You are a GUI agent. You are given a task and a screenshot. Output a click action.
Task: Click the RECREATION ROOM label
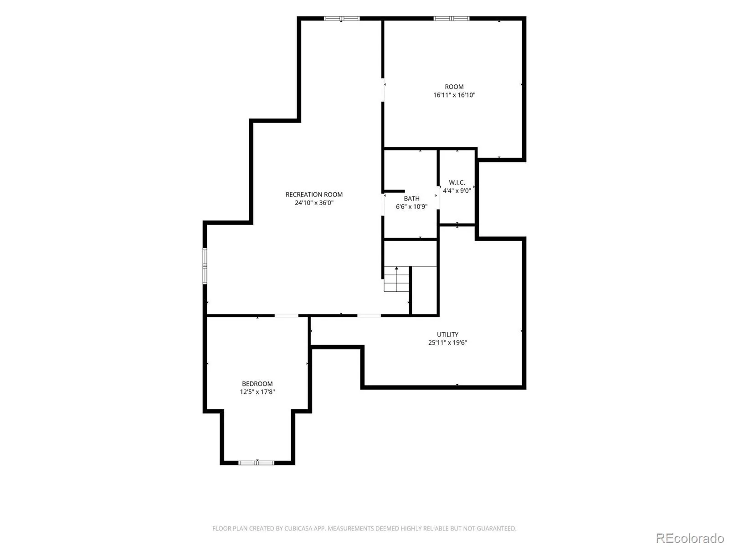(x=314, y=194)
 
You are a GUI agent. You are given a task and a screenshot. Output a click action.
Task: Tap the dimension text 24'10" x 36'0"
(x=314, y=202)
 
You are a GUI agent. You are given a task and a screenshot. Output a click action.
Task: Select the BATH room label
(x=411, y=198)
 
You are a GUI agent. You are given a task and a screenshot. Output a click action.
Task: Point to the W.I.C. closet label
(x=457, y=182)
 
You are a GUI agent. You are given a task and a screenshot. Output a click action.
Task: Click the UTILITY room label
(x=447, y=335)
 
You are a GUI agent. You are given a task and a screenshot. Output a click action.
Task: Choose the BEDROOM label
(x=257, y=384)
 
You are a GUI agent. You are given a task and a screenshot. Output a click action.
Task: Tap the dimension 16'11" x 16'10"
(x=454, y=95)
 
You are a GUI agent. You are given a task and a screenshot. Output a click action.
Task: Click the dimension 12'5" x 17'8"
(x=257, y=392)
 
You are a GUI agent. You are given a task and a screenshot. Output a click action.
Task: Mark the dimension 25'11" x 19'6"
(x=447, y=343)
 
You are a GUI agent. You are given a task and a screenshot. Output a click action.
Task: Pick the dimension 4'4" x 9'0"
(x=457, y=191)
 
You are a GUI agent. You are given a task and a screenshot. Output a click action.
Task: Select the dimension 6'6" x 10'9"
(x=411, y=206)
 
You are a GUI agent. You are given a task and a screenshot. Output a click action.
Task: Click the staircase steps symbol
(x=396, y=279)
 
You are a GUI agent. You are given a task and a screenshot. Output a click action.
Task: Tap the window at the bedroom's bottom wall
(x=257, y=462)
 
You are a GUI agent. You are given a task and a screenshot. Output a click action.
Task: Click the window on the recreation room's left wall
(x=205, y=266)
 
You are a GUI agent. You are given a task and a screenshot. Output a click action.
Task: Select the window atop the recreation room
(x=342, y=19)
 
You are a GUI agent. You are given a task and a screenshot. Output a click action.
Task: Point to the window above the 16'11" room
(x=452, y=19)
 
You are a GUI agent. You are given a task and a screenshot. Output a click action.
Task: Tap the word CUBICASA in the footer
(x=297, y=528)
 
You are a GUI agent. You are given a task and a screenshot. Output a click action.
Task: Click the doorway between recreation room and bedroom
(x=286, y=315)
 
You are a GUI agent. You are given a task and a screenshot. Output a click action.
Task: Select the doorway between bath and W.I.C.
(x=438, y=199)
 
